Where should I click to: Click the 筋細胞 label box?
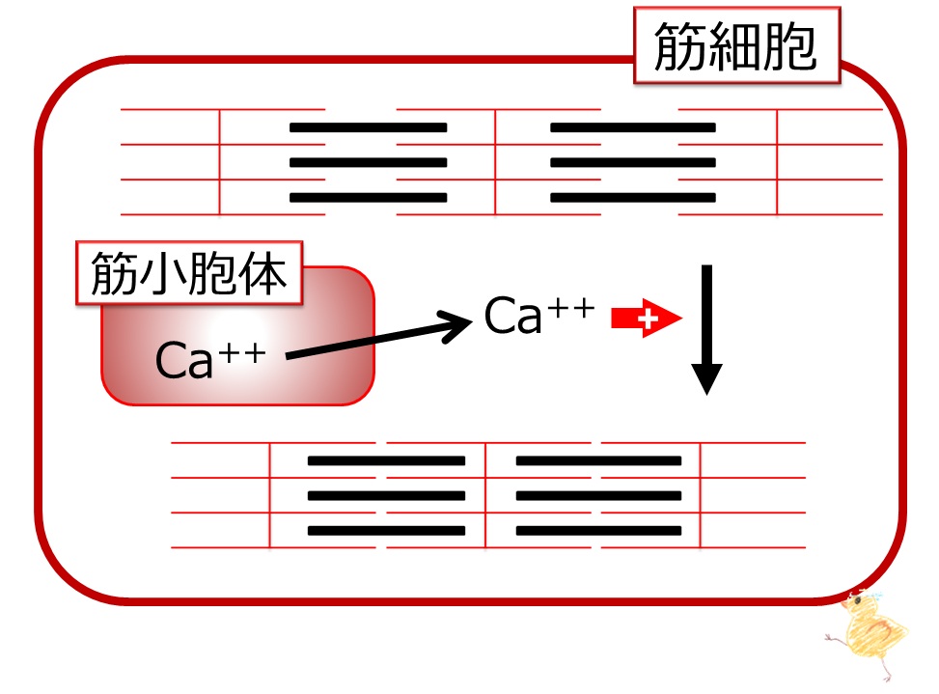click(737, 45)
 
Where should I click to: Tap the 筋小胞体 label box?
click(189, 273)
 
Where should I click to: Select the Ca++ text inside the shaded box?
click(210, 359)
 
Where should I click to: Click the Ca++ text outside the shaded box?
click(539, 315)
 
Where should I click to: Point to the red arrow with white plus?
click(647, 318)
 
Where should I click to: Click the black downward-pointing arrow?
click(706, 329)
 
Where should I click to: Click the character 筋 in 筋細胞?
click(680, 46)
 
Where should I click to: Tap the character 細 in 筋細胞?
click(735, 46)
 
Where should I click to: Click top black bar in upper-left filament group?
click(369, 127)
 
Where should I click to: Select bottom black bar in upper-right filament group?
click(633, 198)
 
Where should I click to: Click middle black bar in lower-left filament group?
click(386, 496)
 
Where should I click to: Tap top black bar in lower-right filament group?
click(599, 460)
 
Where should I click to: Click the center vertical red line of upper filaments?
click(495, 161)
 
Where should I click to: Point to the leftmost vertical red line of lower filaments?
click(270, 495)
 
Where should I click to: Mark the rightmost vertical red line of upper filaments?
click(777, 161)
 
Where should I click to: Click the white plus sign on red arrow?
click(648, 319)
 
